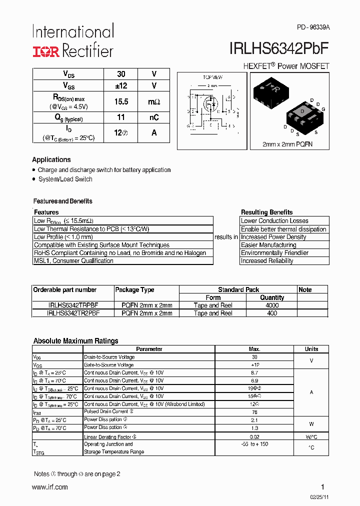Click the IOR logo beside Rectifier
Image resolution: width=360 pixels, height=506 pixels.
click(x=46, y=50)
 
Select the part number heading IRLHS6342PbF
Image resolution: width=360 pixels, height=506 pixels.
click(x=279, y=48)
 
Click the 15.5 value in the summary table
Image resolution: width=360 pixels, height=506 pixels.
click(x=121, y=101)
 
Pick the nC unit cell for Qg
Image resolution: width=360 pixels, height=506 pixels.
click(x=154, y=117)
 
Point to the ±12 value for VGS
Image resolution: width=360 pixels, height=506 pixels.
click(x=121, y=86)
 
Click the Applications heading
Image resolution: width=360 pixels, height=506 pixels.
click(x=51, y=159)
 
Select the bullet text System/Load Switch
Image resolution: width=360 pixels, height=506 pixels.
click(x=65, y=179)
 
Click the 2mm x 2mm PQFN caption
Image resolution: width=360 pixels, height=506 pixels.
click(x=288, y=144)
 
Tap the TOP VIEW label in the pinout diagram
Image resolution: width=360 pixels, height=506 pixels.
click(x=212, y=77)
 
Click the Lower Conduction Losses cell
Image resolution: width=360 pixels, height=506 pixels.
click(x=274, y=220)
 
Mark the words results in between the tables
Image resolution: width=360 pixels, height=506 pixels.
click(x=226, y=237)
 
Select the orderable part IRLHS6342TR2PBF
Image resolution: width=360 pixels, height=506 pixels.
click(x=73, y=313)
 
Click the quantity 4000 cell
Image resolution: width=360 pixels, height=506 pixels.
click(x=272, y=305)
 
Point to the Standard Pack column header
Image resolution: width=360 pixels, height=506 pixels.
click(x=238, y=289)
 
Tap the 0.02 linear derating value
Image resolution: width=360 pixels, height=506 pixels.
click(x=254, y=437)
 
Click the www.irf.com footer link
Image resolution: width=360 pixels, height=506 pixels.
click(x=50, y=487)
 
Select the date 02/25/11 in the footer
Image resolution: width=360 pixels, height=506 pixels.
click(x=319, y=496)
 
